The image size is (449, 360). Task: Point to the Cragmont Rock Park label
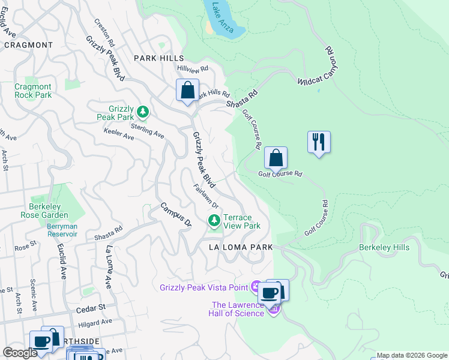pyautogui.click(x=33, y=91)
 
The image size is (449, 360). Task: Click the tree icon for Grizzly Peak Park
pyautogui.click(x=143, y=111)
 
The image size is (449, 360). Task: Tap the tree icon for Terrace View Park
pyautogui.click(x=214, y=221)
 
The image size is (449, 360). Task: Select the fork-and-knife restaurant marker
pyautogui.click(x=319, y=142)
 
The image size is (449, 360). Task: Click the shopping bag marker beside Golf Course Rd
pyautogui.click(x=276, y=158)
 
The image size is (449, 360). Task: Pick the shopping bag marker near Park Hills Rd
pyautogui.click(x=187, y=91)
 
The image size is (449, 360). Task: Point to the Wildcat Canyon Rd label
pyautogui.click(x=319, y=69)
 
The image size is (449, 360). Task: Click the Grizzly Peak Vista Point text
pyautogui.click(x=203, y=287)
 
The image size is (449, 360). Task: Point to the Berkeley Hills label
pyautogui.click(x=384, y=247)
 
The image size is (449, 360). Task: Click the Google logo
pyautogui.click(x=20, y=353)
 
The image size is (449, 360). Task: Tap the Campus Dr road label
pyautogui.click(x=175, y=214)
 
